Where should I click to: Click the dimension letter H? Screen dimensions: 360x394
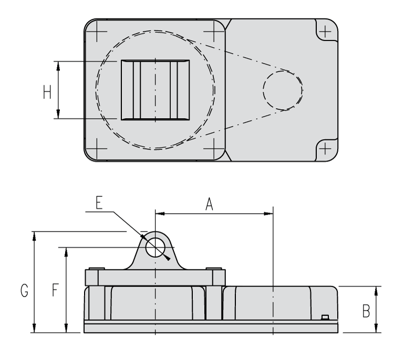(47, 92)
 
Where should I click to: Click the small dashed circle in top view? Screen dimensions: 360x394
(283, 90)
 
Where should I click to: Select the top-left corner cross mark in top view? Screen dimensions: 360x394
(98, 31)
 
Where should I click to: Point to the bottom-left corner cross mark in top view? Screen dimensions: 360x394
(98, 147)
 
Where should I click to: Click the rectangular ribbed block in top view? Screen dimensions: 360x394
(155, 90)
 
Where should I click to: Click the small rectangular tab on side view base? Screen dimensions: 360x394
(325, 316)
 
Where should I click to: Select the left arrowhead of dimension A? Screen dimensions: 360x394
(159, 213)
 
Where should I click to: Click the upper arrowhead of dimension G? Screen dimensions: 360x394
(35, 235)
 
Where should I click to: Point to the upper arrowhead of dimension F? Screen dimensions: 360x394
(66, 251)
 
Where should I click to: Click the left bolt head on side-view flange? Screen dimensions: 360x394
(94, 270)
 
